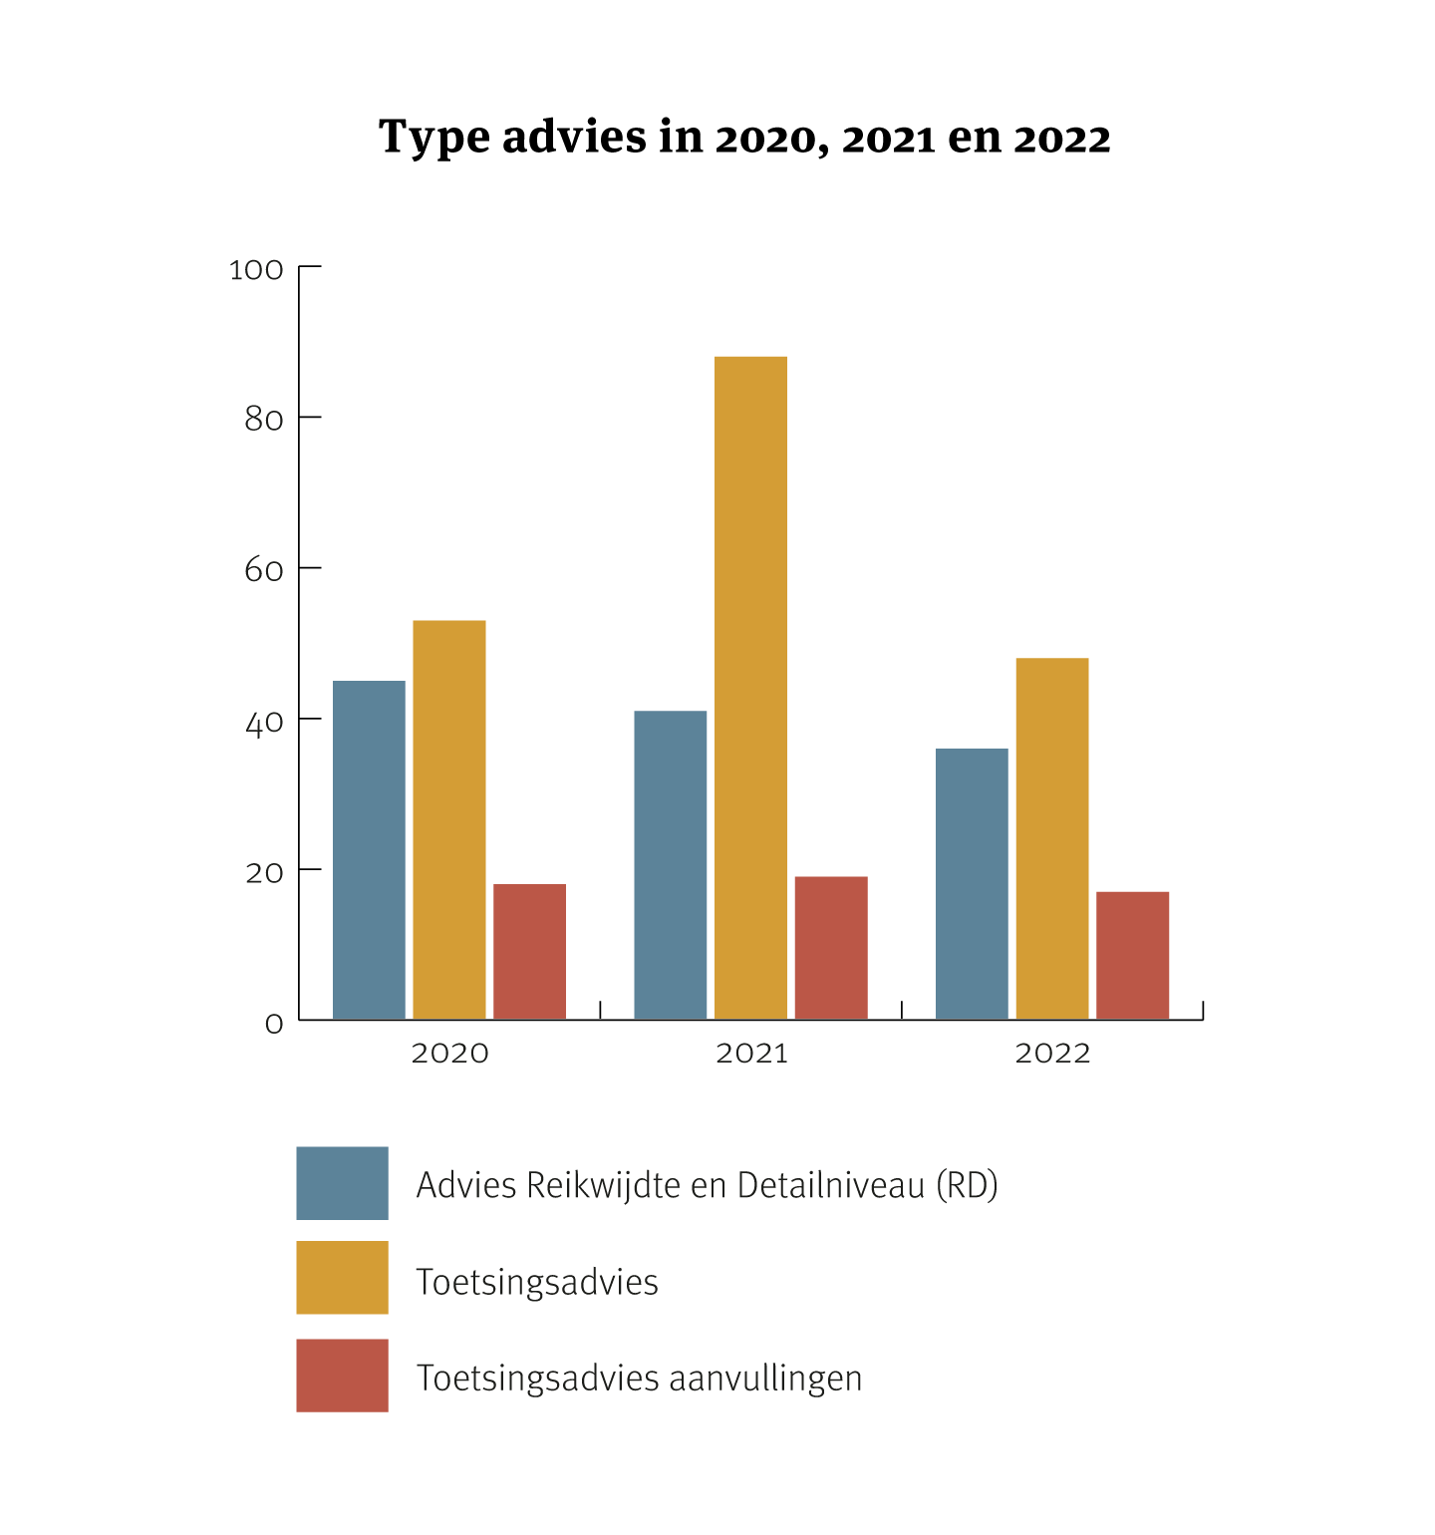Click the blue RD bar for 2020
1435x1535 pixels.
click(x=369, y=849)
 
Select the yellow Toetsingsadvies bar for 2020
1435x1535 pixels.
click(x=449, y=819)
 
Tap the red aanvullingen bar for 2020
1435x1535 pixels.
click(x=529, y=951)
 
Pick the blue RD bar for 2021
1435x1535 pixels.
click(x=671, y=864)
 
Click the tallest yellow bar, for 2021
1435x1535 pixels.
click(x=750, y=688)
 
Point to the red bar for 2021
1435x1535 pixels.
click(x=831, y=947)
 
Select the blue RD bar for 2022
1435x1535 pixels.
click(x=972, y=883)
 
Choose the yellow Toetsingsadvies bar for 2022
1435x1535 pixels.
click(x=1052, y=838)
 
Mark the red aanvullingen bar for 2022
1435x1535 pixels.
click(x=1132, y=955)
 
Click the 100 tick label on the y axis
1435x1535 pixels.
click(x=256, y=270)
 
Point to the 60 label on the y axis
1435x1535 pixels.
click(x=264, y=570)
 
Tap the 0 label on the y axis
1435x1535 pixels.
click(x=274, y=1024)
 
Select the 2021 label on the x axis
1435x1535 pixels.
click(x=751, y=1054)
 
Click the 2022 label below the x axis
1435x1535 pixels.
click(x=1052, y=1054)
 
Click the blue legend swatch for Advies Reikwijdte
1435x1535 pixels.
click(x=342, y=1183)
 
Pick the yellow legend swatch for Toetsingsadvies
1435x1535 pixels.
click(x=342, y=1277)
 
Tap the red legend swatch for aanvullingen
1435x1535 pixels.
click(x=342, y=1375)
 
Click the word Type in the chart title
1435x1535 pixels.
click(x=434, y=138)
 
